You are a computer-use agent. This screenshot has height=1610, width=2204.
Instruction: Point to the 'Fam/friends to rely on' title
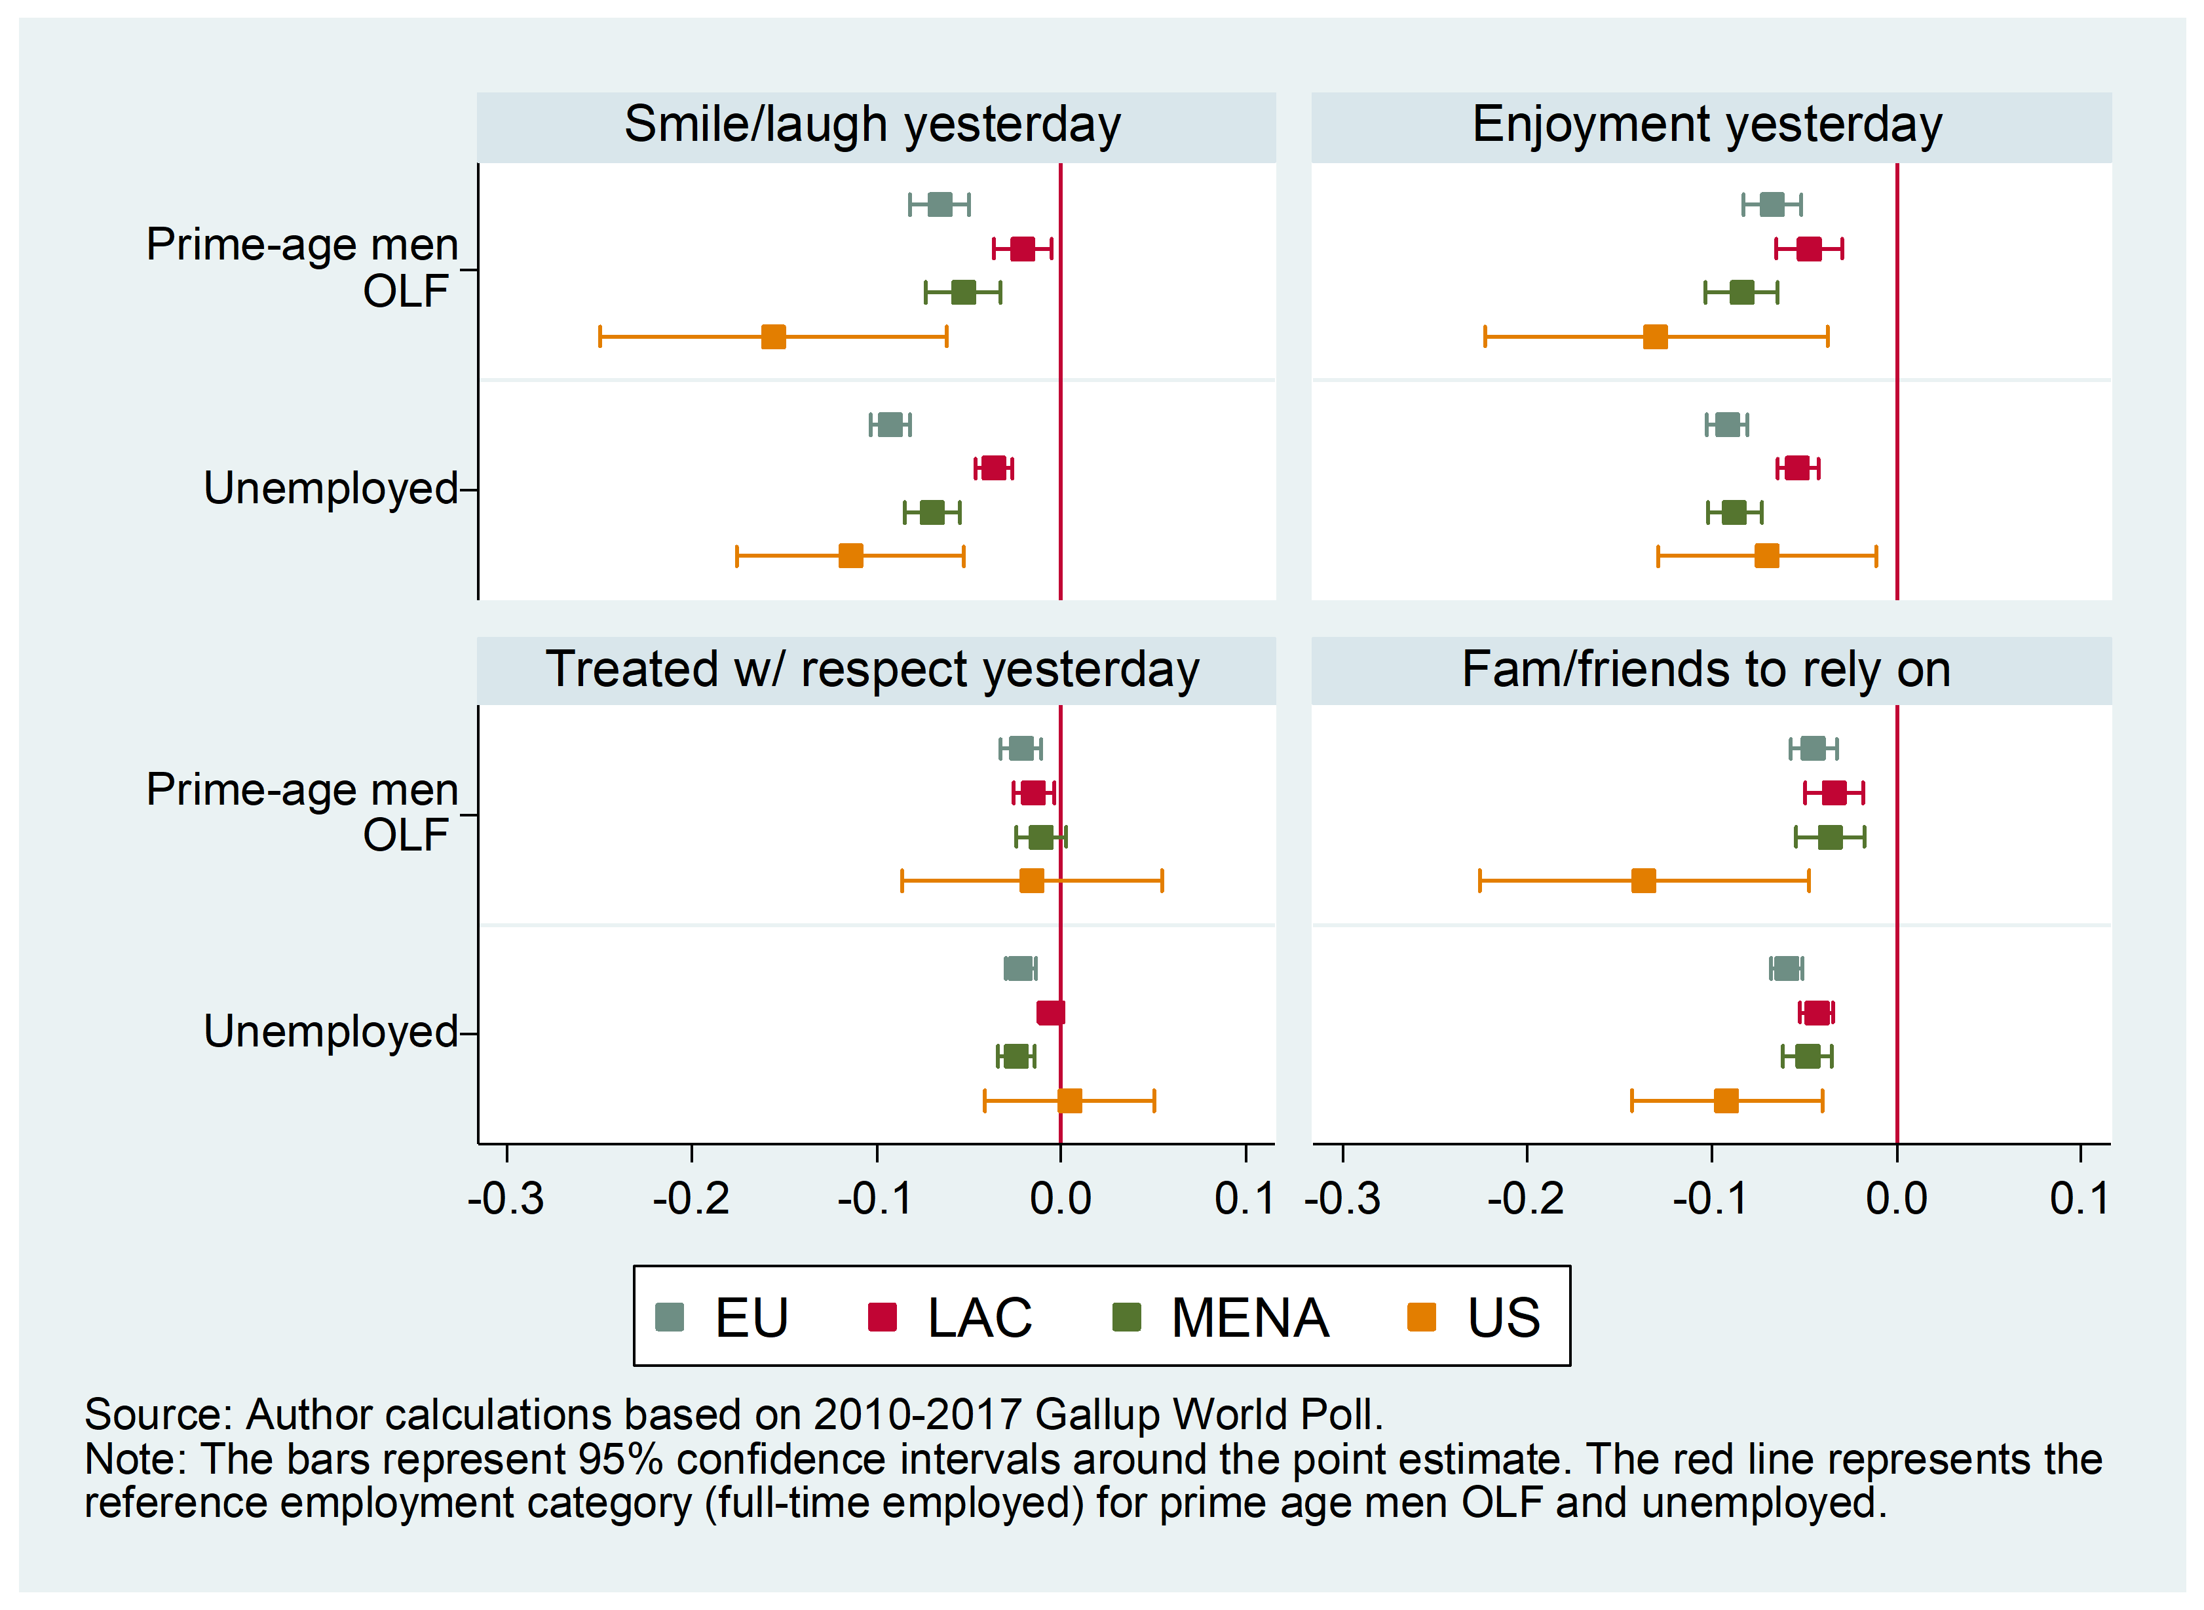1707,670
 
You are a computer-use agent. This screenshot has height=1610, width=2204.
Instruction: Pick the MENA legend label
1250,1318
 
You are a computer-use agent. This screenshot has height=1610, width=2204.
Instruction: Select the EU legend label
751,1318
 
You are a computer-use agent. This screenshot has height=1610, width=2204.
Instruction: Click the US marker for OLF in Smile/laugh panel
774,337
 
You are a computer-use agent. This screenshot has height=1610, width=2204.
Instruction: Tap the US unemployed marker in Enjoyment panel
1766,556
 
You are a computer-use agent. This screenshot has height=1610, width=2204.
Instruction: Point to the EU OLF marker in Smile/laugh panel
940,204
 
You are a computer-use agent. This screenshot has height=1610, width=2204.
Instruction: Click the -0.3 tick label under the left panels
506,1198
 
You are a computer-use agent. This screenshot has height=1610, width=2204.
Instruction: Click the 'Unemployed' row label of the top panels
330,488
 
